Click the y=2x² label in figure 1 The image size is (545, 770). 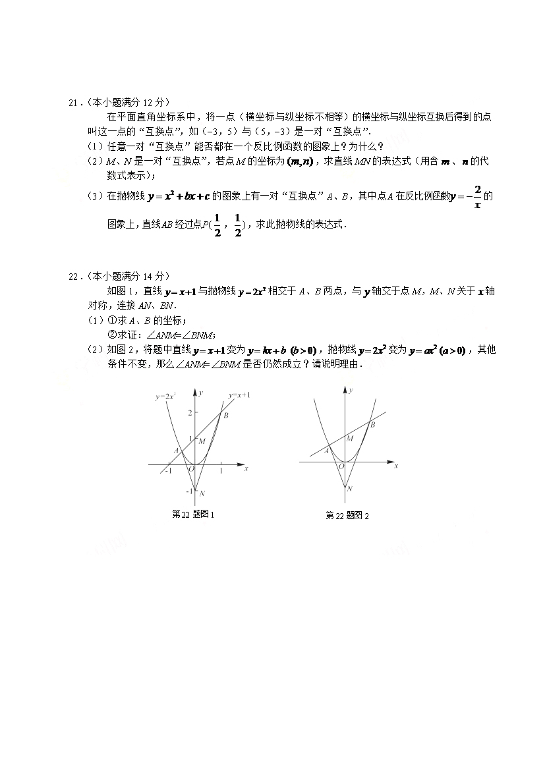coord(164,397)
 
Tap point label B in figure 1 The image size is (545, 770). coord(226,415)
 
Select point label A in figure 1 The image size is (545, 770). coord(176,450)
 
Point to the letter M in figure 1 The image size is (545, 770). coord(202,441)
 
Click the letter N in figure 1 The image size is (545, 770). coord(202,493)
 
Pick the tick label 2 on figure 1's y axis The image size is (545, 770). coord(189,413)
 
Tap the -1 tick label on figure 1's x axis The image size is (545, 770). coord(169,472)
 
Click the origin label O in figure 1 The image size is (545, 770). coord(191,469)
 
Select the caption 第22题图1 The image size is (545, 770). coord(193,514)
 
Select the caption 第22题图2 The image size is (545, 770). coord(347,515)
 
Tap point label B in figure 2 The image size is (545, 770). coord(372,425)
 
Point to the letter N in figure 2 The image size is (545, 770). coord(349,488)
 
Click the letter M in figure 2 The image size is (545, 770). coord(350,438)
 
